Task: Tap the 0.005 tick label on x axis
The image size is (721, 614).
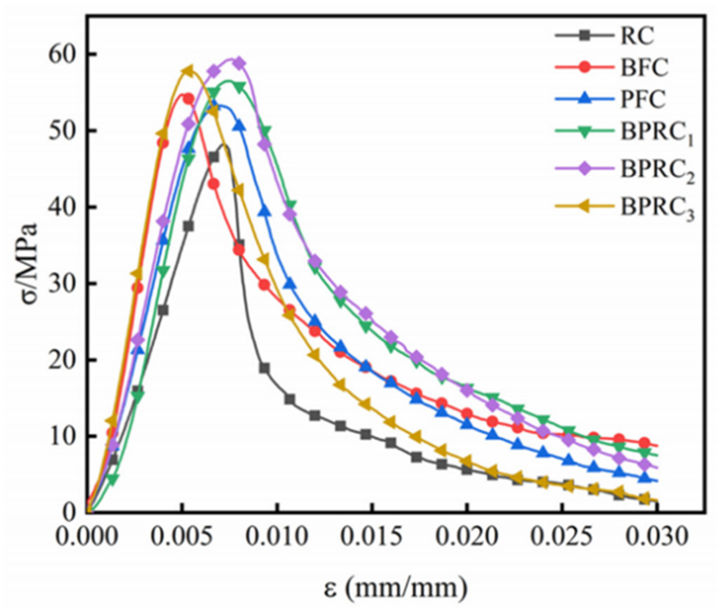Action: [x=182, y=537]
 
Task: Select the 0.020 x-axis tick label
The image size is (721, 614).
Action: [x=467, y=537]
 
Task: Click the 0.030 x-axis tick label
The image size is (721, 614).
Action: [x=657, y=537]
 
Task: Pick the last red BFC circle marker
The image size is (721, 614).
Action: [x=644, y=443]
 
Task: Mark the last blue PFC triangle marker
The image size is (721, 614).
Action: [x=644, y=478]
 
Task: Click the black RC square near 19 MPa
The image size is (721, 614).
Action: [x=264, y=368]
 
